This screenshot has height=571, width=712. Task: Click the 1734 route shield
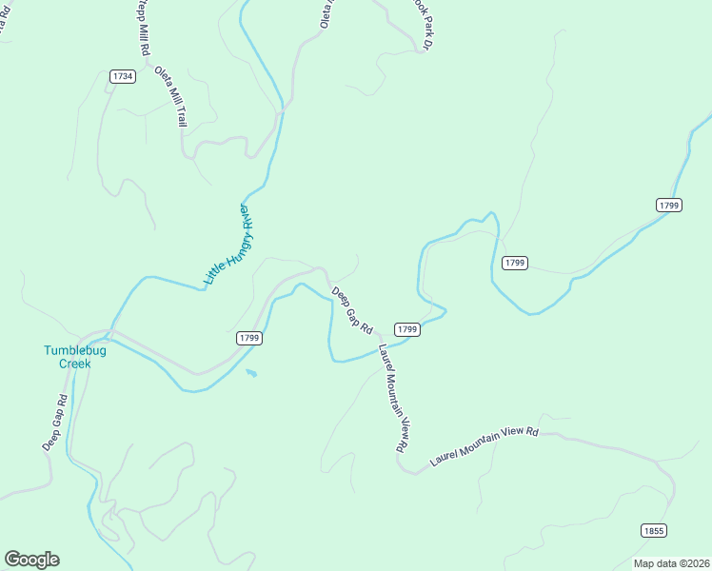(122, 76)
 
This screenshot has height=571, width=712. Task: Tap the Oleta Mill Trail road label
(170, 97)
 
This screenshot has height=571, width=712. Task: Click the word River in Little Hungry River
(248, 214)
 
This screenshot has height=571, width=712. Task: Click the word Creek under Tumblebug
(75, 364)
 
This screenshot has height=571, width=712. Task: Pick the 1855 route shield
(653, 531)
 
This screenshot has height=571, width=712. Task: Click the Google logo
(32, 559)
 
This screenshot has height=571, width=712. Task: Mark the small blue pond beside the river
(250, 372)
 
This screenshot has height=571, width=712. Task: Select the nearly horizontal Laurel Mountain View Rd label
(485, 444)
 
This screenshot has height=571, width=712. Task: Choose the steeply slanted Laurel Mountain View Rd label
(393, 398)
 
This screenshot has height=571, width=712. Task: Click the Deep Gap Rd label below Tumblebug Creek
(54, 423)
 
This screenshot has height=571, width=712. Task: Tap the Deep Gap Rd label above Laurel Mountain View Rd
(352, 309)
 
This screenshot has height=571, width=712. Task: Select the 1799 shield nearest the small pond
(249, 338)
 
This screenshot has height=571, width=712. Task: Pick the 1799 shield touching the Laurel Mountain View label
(407, 329)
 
